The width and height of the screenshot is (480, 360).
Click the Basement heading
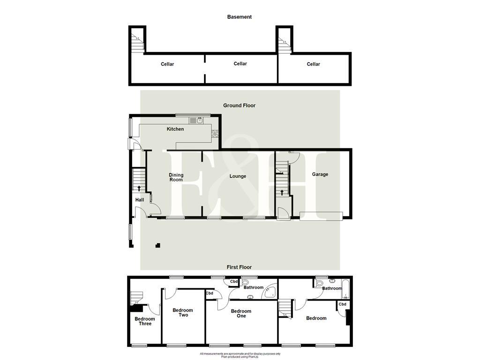239,17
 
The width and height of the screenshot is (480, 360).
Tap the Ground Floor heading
239,105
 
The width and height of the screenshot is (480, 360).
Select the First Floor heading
239,267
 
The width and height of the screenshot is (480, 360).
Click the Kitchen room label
175,129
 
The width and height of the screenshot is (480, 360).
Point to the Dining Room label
176,177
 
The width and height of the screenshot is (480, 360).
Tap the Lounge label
238,176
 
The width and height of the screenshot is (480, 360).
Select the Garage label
320,174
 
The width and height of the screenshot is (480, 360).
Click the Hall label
140,200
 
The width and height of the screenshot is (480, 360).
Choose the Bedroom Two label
183,313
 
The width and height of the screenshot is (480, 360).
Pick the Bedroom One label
241,314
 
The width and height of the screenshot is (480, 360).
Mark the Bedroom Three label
145,321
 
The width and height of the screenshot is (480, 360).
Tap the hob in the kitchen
215,134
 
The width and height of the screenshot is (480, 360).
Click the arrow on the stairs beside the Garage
282,192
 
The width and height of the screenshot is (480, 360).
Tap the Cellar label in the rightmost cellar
313,64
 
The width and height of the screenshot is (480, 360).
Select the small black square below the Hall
158,245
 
